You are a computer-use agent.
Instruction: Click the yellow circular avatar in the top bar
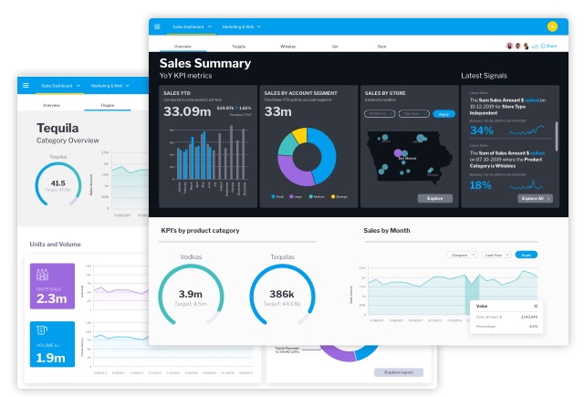click(x=552, y=26)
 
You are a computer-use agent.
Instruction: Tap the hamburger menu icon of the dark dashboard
click(x=157, y=26)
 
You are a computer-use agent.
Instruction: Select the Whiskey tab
click(x=287, y=45)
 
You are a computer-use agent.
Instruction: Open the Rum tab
click(x=381, y=45)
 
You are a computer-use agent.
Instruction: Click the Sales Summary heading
click(x=204, y=64)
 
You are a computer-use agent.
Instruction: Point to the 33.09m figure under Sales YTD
click(x=187, y=111)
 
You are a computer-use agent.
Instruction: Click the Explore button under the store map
click(x=434, y=198)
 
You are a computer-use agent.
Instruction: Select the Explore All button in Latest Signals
click(x=534, y=198)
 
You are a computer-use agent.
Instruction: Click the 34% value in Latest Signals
click(x=482, y=130)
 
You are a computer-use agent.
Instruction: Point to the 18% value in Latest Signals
click(x=482, y=182)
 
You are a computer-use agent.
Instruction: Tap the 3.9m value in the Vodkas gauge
click(x=191, y=294)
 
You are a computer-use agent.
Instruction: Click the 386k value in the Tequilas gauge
click(x=283, y=294)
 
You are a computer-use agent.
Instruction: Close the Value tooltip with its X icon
click(x=536, y=307)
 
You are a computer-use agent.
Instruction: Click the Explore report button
click(x=399, y=372)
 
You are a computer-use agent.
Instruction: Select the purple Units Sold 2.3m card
click(x=52, y=285)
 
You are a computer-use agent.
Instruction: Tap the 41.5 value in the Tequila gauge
click(x=57, y=183)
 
